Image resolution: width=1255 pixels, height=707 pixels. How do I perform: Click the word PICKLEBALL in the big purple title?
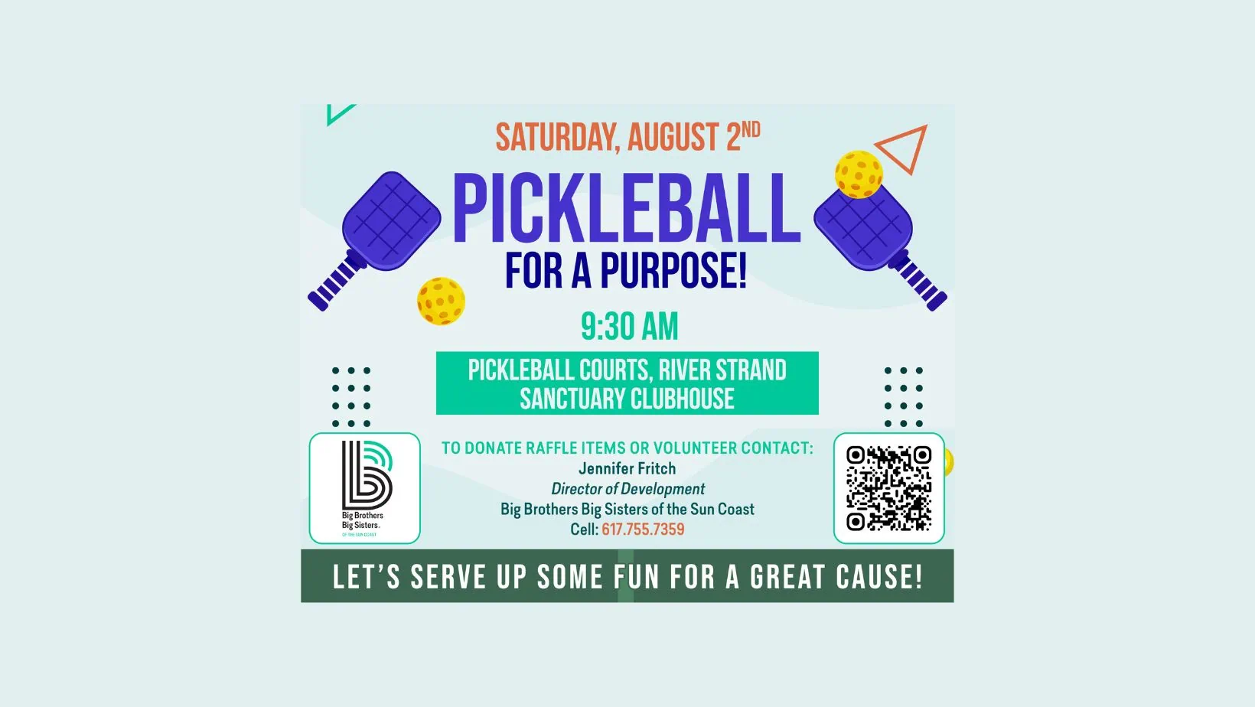tap(627, 208)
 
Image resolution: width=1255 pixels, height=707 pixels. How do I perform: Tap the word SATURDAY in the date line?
tap(557, 137)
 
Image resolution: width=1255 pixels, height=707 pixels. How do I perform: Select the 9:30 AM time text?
tap(629, 327)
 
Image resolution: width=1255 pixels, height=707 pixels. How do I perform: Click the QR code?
tap(888, 488)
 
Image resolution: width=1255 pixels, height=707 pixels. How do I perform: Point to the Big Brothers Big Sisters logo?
tap(365, 488)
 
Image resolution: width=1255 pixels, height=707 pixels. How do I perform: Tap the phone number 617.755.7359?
tap(643, 529)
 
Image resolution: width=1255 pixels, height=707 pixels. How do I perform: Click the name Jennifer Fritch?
tap(627, 468)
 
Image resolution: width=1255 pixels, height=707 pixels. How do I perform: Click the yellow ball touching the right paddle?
tap(859, 174)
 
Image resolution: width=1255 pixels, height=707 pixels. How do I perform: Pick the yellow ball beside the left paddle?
tap(441, 301)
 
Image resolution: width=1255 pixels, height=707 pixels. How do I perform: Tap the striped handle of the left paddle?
tap(336, 282)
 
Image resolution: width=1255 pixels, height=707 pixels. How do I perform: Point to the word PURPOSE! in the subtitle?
tap(673, 271)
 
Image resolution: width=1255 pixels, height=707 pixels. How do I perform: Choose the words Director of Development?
tap(627, 489)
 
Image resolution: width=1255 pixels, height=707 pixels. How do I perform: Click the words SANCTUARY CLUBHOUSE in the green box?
tap(627, 399)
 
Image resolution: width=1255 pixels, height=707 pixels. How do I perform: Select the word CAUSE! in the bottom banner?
tap(879, 577)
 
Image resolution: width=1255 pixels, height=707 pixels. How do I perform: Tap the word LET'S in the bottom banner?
tap(367, 577)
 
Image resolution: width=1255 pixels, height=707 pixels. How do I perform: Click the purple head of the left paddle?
tap(392, 220)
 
